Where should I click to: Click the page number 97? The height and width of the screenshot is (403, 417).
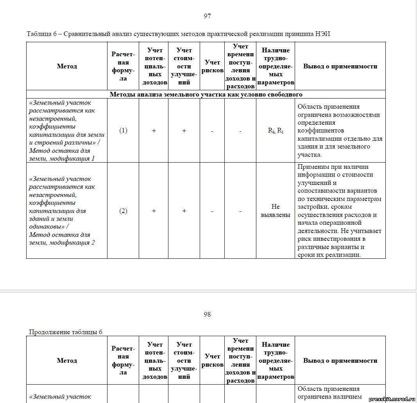pyautogui.click(x=208, y=16)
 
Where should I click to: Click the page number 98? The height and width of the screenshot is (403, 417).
pyautogui.click(x=208, y=314)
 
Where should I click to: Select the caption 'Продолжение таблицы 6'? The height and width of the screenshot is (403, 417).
pyautogui.click(x=66, y=332)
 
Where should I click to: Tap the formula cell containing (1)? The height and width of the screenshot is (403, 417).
pyautogui.click(x=123, y=131)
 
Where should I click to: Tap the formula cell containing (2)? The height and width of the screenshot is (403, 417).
pyautogui.click(x=123, y=211)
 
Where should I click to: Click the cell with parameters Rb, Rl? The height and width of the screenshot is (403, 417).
pyautogui.click(x=276, y=131)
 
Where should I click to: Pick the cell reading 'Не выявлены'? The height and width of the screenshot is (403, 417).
pyautogui.click(x=276, y=211)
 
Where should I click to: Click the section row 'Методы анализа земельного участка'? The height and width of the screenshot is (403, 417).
pyautogui.click(x=206, y=94)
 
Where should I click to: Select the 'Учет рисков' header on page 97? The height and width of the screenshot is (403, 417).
pyautogui.click(x=212, y=66)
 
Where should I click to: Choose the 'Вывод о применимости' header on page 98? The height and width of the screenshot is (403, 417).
pyautogui.click(x=340, y=360)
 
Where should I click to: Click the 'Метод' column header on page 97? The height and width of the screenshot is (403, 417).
pyautogui.click(x=67, y=66)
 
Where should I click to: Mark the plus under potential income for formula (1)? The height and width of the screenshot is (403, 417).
pyautogui.click(x=154, y=131)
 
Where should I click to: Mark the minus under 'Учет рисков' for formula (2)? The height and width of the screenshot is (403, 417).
pyautogui.click(x=212, y=211)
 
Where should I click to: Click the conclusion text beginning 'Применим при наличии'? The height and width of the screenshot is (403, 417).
pyautogui.click(x=339, y=211)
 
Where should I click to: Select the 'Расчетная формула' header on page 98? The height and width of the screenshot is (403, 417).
pyautogui.click(x=123, y=360)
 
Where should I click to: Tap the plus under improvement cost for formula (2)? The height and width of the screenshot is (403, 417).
pyautogui.click(x=184, y=211)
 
